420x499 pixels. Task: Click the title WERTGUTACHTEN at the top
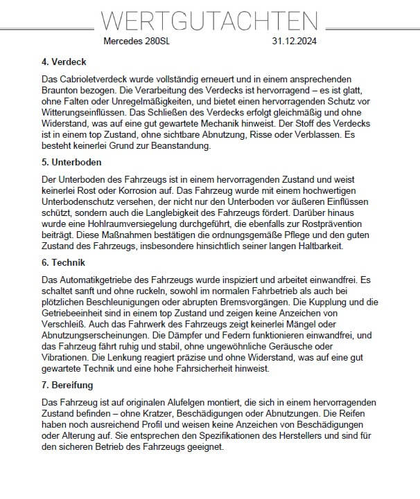point(210,21)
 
